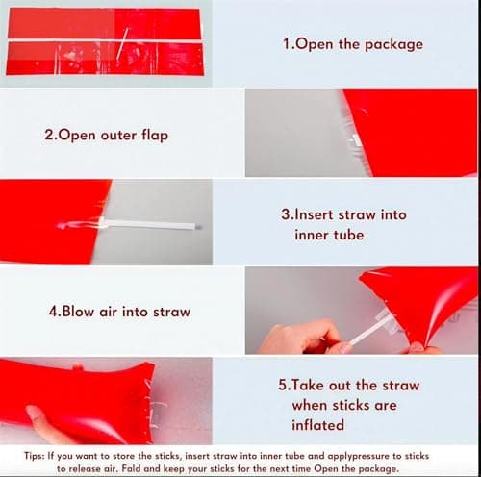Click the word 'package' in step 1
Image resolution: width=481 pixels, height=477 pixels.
(x=393, y=44)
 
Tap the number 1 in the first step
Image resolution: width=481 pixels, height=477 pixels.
(x=286, y=43)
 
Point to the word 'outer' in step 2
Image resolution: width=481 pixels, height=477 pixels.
(x=118, y=136)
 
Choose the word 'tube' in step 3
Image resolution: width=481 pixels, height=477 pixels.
(x=348, y=235)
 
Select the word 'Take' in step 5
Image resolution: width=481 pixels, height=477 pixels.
(x=308, y=385)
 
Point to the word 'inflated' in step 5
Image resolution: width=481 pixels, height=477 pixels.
(x=318, y=425)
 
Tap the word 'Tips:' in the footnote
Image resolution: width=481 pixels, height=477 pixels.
(x=34, y=456)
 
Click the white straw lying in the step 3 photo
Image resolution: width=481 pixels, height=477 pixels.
(x=147, y=224)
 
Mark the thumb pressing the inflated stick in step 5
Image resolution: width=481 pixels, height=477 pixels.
(x=40, y=423)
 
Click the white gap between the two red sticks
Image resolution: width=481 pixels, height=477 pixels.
(x=105, y=41)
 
